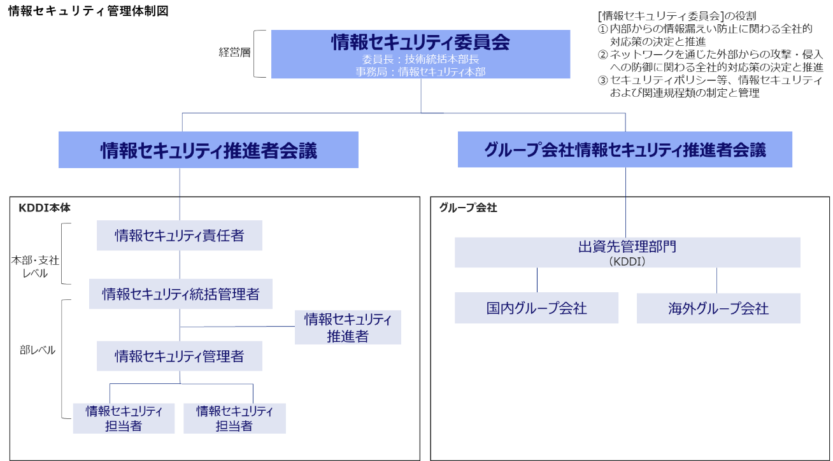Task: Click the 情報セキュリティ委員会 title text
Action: click(x=420, y=42)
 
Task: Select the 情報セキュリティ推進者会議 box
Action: click(x=208, y=150)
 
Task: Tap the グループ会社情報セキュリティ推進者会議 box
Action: click(x=625, y=150)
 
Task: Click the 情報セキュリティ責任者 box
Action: click(x=179, y=236)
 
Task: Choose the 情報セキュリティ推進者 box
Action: click(x=348, y=327)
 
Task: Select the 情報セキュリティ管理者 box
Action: click(x=179, y=356)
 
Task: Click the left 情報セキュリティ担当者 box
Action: click(x=124, y=418)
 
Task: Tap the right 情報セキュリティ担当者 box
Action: click(x=234, y=418)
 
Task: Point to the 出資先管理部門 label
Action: click(x=627, y=246)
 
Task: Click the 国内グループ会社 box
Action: click(x=536, y=308)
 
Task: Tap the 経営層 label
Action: click(x=234, y=53)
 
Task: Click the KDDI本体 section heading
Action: click(x=44, y=208)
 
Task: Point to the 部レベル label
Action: click(x=38, y=350)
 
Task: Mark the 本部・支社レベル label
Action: click(x=36, y=267)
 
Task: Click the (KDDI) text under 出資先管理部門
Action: click(x=627, y=261)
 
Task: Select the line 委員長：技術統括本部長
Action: click(x=420, y=59)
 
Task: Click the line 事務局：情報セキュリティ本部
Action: click(x=420, y=72)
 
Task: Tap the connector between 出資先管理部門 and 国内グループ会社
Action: click(x=537, y=280)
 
